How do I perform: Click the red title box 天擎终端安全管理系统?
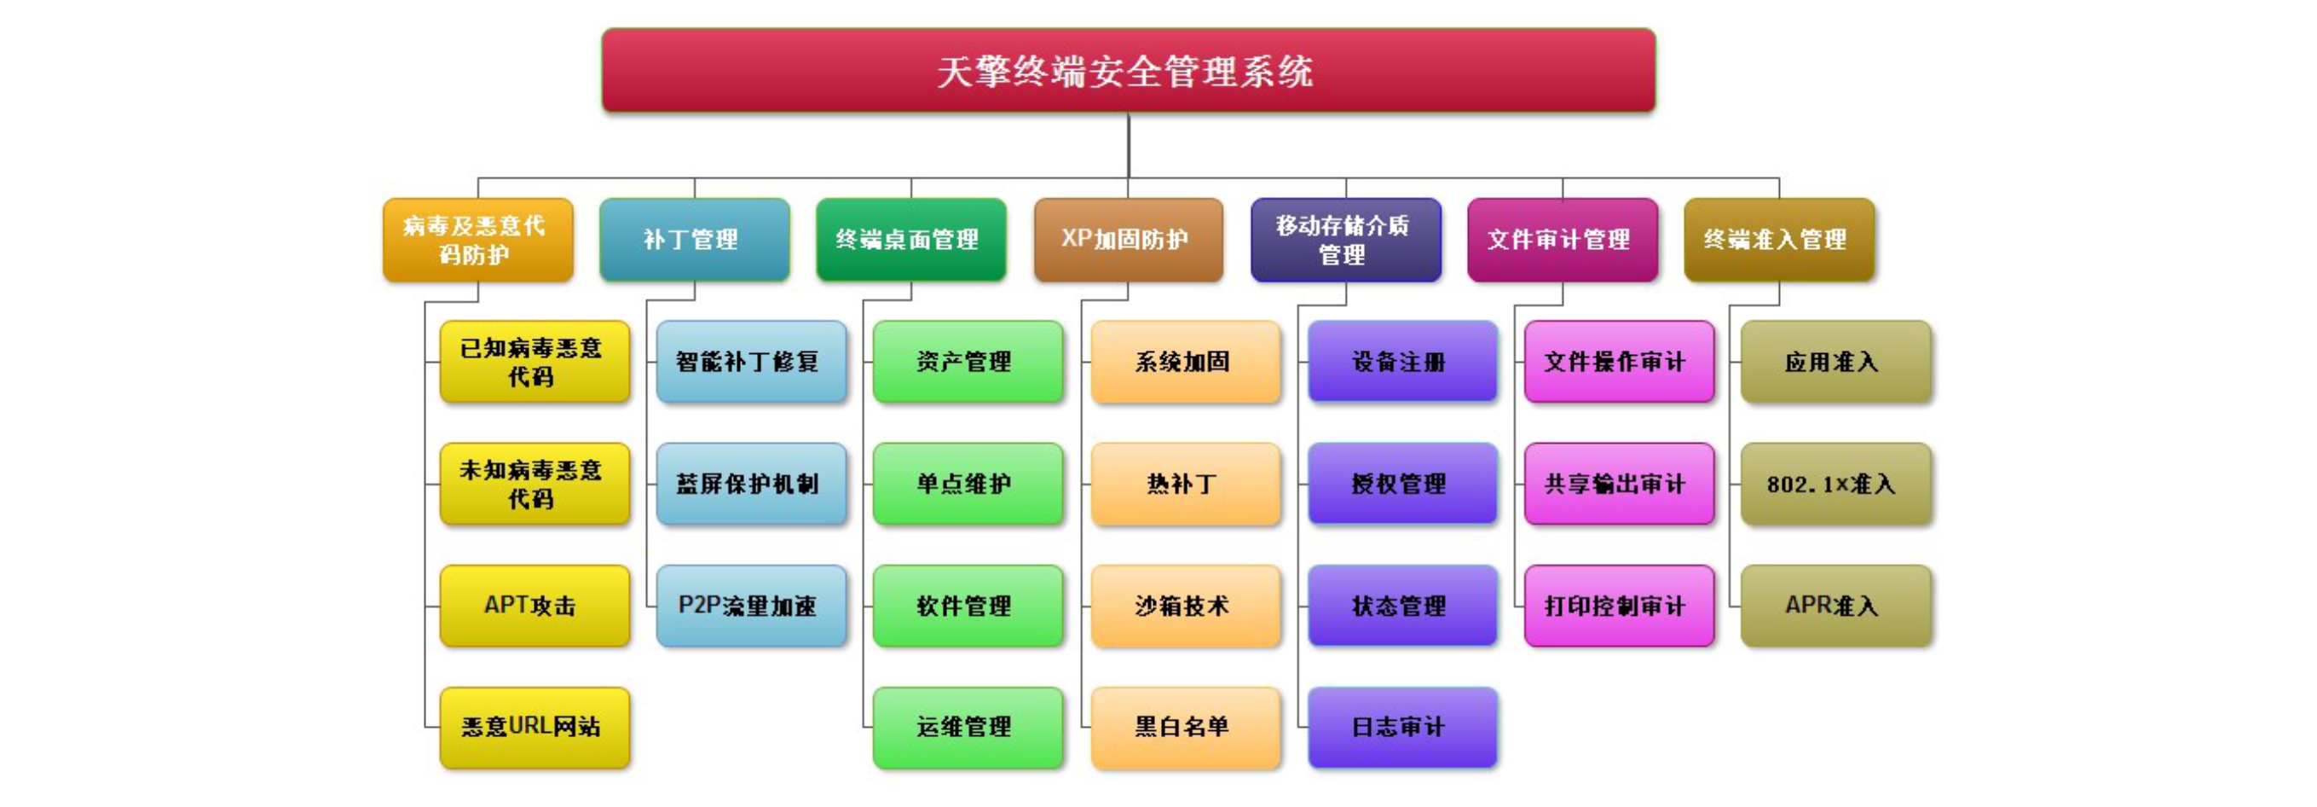click(x=1128, y=70)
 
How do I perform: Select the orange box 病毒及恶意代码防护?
click(x=477, y=240)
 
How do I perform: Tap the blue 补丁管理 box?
click(x=695, y=240)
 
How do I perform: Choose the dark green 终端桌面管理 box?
click(x=910, y=240)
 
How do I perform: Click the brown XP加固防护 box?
click(x=1128, y=240)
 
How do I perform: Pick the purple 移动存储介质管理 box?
click(x=1345, y=240)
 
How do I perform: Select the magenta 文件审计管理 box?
click(x=1563, y=240)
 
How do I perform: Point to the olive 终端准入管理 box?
click(x=1779, y=240)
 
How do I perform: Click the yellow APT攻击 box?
click(x=534, y=606)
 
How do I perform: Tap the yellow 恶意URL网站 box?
click(x=534, y=727)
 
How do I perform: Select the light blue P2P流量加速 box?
click(x=751, y=606)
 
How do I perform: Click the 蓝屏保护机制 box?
click(x=751, y=484)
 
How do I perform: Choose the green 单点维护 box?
click(x=968, y=484)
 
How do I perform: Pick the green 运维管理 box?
click(x=968, y=727)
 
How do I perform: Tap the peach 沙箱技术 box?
click(x=1186, y=606)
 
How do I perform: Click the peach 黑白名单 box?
click(x=1186, y=727)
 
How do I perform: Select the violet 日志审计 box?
click(x=1402, y=727)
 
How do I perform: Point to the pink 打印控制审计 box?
click(x=1619, y=606)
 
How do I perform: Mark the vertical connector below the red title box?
click(x=1128, y=144)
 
